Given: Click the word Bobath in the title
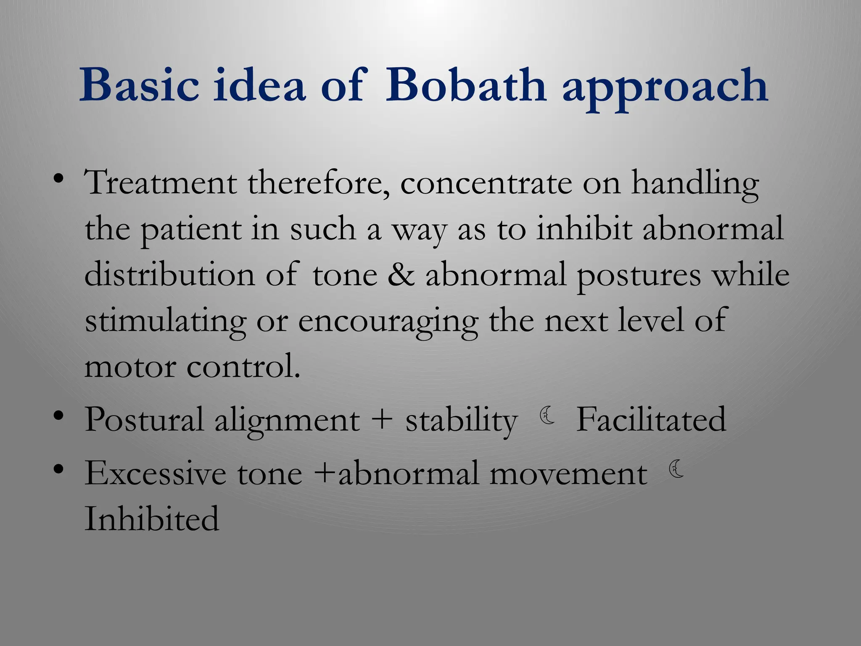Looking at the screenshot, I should (x=465, y=85).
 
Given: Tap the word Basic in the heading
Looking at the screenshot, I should (x=139, y=85).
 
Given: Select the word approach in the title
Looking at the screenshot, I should (x=666, y=88).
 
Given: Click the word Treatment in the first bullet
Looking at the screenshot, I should (x=161, y=183).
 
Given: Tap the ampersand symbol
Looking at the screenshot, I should (x=401, y=275).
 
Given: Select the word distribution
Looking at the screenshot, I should (x=169, y=275).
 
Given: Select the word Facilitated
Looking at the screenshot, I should (x=651, y=419).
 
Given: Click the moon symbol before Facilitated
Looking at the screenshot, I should (x=547, y=416).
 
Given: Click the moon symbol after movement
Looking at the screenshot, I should (x=676, y=469).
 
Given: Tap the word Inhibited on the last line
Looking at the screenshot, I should (x=152, y=519).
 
